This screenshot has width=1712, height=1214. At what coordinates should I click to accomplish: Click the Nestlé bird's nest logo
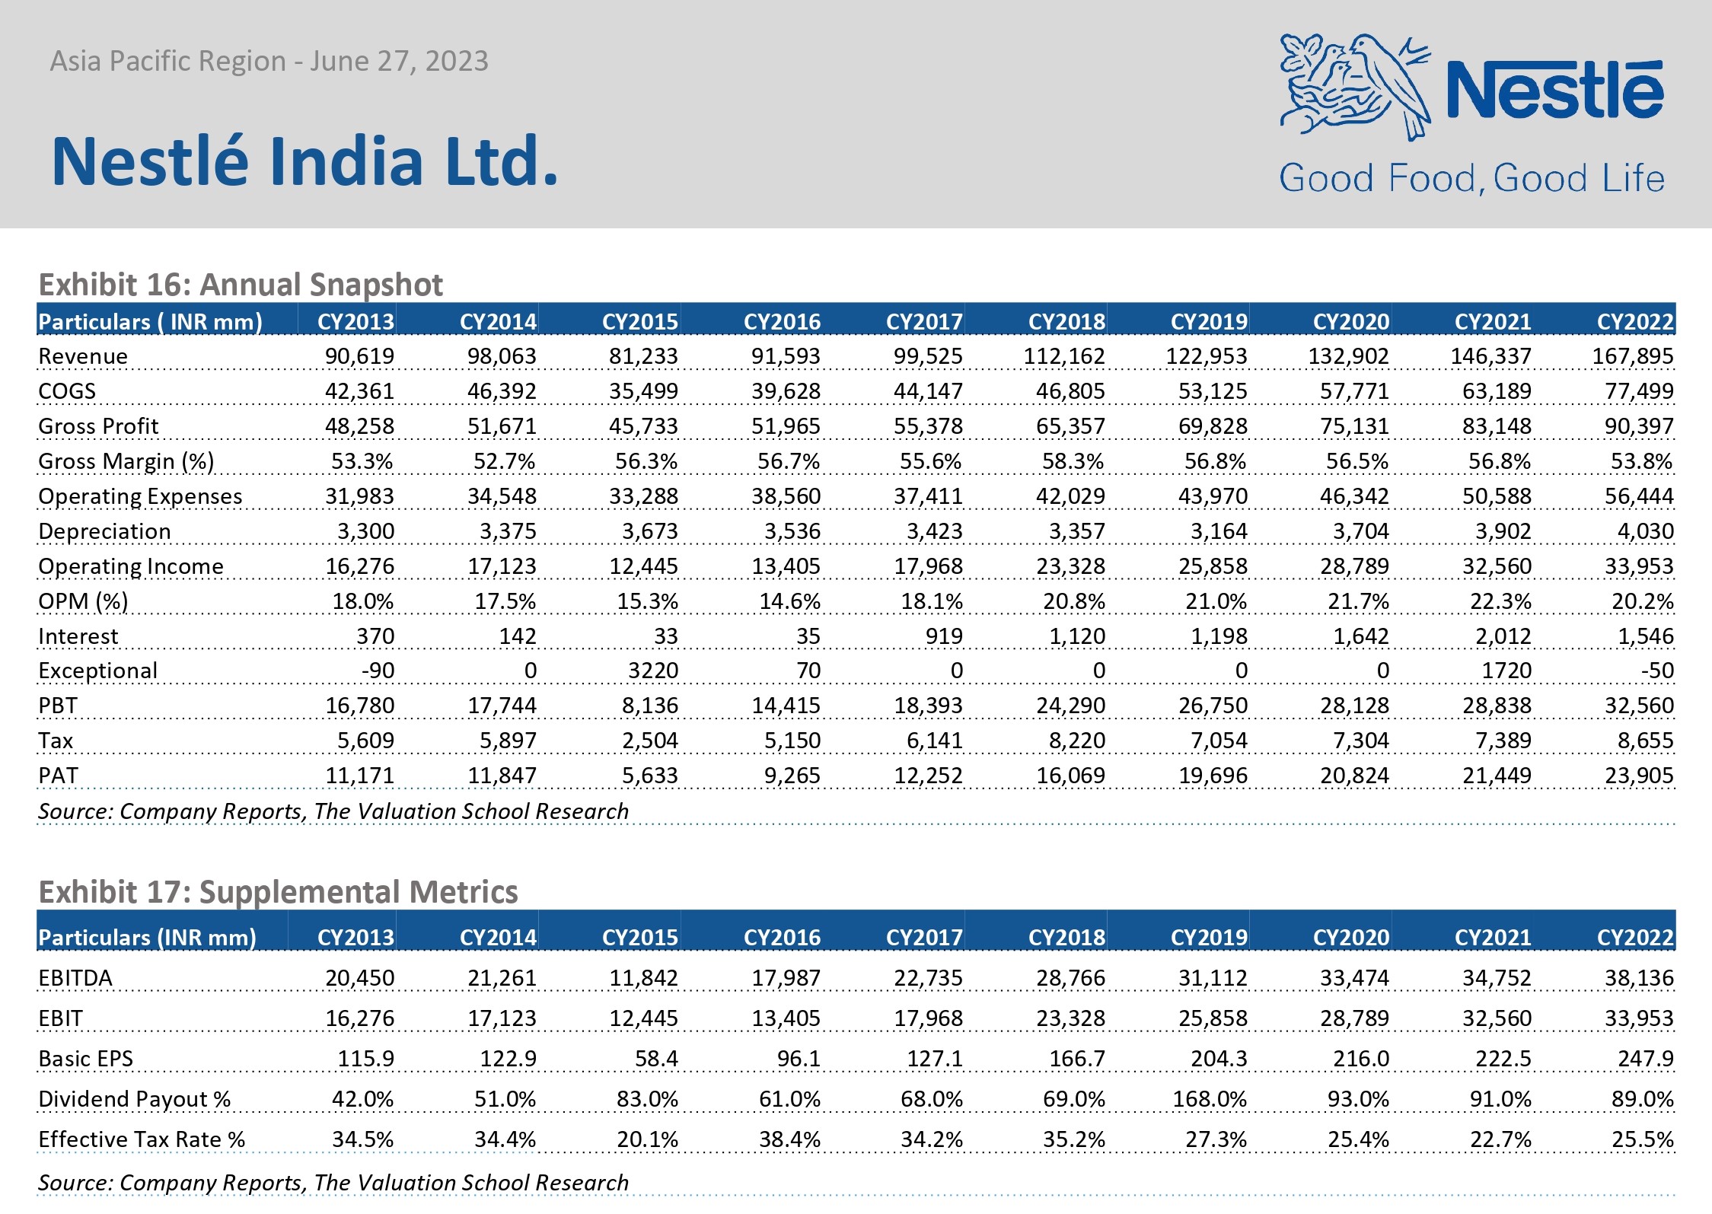1356,86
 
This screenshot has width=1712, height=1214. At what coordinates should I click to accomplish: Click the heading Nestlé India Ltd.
305,161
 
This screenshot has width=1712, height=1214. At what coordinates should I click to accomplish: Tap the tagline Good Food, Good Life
1471,178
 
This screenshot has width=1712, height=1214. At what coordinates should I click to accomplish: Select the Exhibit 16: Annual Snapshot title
241,285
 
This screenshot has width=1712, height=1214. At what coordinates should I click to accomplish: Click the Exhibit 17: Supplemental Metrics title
278,891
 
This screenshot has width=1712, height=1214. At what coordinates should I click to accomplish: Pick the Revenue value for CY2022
1633,356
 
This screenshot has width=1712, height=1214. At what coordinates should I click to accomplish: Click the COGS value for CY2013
359,391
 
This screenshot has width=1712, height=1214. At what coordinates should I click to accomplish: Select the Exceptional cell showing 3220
653,671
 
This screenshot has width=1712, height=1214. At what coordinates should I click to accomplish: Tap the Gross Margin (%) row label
126,461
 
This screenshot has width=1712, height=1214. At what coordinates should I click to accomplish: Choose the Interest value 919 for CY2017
945,636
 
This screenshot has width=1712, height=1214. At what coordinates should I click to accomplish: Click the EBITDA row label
75,978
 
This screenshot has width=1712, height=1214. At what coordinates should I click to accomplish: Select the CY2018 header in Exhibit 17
1066,937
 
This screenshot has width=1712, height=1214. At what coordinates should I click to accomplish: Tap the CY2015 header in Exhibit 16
639,322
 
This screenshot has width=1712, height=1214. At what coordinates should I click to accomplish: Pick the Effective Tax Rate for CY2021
1500,1139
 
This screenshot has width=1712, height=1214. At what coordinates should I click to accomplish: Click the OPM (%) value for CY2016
789,601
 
